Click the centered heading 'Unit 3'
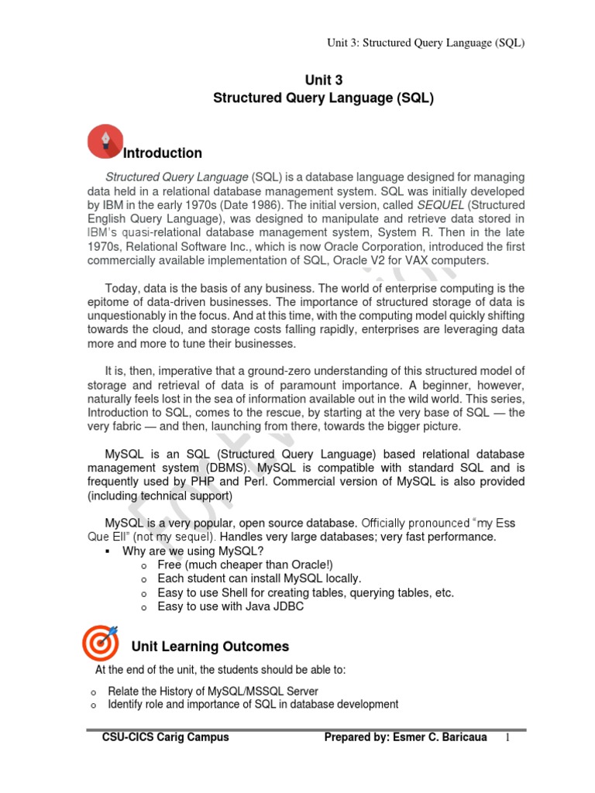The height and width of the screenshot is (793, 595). tap(323, 81)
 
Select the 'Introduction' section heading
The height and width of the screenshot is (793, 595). tap(163, 153)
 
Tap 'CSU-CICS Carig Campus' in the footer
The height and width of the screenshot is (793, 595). tap(166, 738)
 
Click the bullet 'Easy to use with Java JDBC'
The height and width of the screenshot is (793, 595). tap(230, 607)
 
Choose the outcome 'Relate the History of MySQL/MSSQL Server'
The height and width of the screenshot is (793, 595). tap(213, 691)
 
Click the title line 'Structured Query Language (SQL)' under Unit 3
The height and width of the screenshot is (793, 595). tap(323, 99)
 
